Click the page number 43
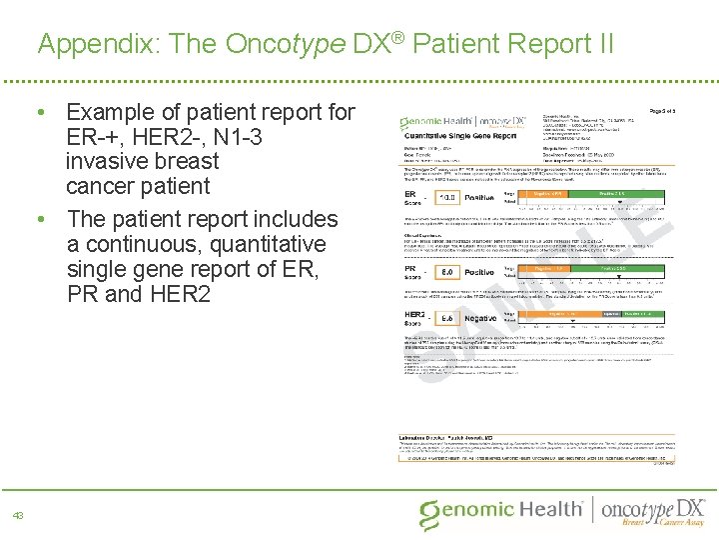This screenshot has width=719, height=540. [18, 515]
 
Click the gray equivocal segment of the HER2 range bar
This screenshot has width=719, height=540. [609, 312]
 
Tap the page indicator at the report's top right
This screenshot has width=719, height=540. [663, 110]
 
